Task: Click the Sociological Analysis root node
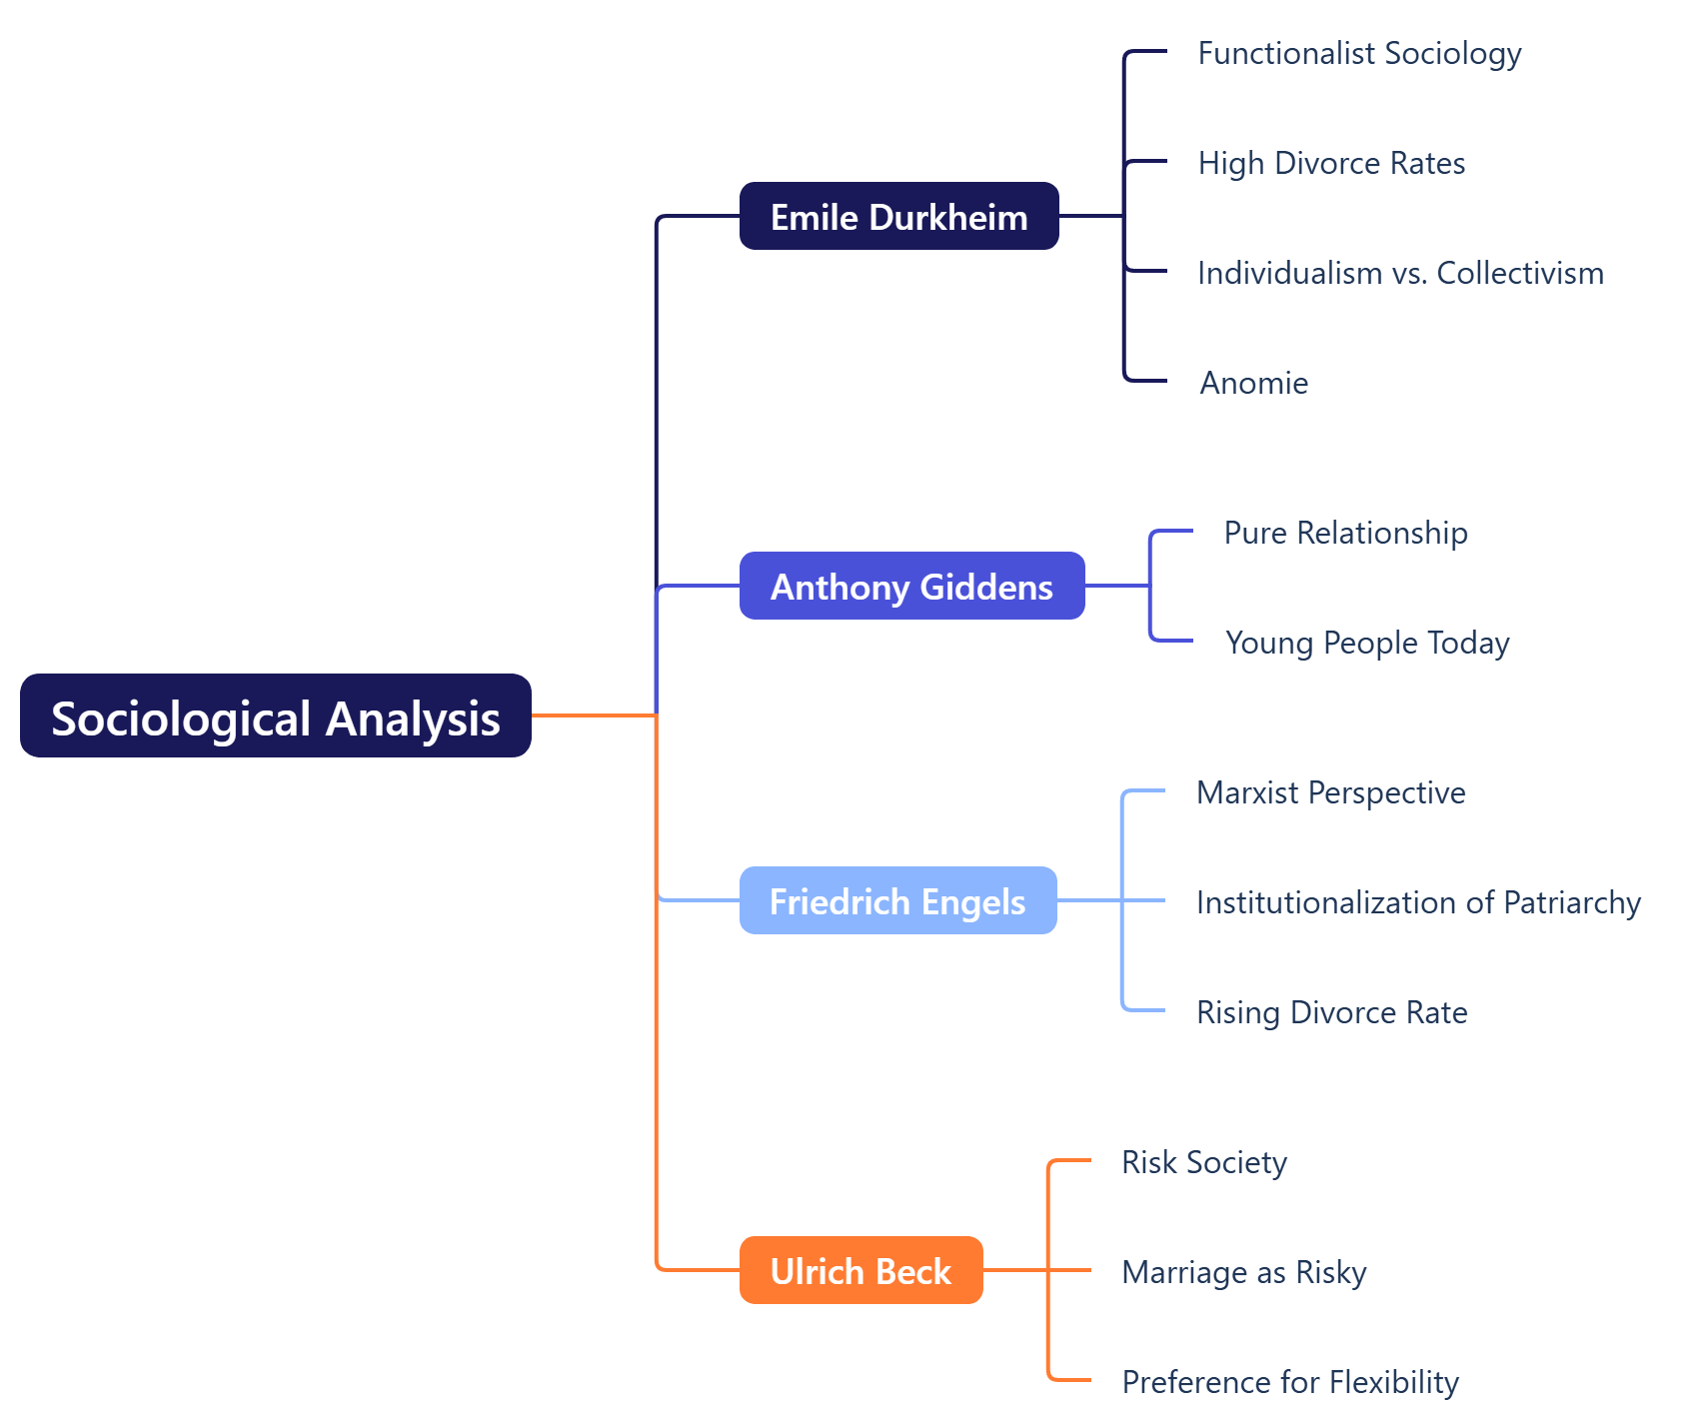pos(275,715)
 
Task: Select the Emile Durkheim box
pos(898,216)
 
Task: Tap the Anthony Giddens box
pos(911,586)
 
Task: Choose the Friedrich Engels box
pos(897,900)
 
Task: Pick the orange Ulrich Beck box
pos(860,1270)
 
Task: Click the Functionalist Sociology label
pos(1359,53)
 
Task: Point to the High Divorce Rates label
pos(1331,163)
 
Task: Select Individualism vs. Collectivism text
pos(1400,273)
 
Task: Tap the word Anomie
pos(1253,383)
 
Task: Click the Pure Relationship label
pos(1345,533)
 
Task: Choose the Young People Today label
pos(1366,643)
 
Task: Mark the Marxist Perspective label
pos(1330,792)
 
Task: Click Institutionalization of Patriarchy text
pos(1418,902)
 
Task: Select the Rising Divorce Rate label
pos(1331,1012)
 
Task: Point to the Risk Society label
pos(1203,1162)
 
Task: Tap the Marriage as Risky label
pos(1243,1272)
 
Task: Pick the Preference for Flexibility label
pos(1289,1382)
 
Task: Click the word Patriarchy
pos(1571,902)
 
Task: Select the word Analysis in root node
pos(413,719)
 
